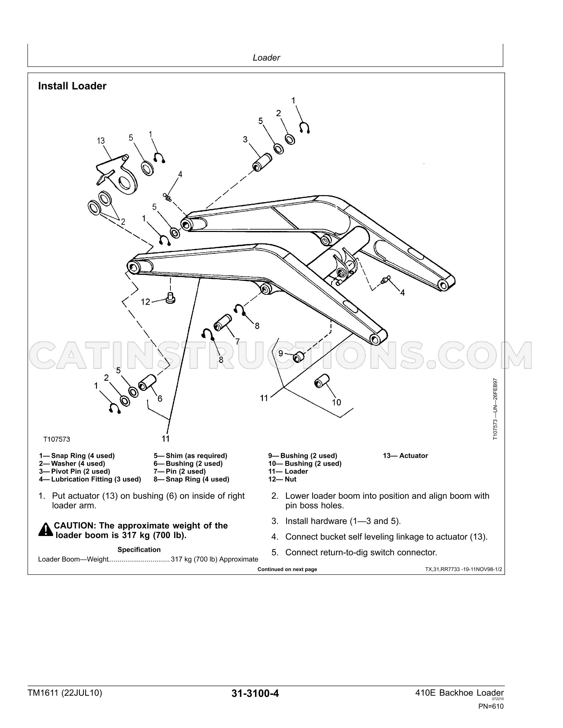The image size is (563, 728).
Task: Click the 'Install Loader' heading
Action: point(72,86)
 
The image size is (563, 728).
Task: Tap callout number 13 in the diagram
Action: point(101,141)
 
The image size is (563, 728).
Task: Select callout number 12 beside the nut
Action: point(146,302)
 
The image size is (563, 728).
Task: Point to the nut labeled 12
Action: point(170,298)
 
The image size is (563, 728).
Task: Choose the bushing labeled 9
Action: point(298,357)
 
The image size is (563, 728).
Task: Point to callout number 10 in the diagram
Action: point(336,402)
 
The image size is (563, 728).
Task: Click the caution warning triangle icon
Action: point(46,530)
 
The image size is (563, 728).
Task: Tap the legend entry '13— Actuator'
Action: point(405,456)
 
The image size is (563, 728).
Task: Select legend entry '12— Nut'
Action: point(282,479)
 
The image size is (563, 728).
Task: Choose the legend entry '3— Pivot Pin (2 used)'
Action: point(75,471)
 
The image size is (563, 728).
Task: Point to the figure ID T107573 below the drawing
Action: point(57,439)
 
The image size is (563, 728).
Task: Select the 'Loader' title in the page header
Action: point(266,58)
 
